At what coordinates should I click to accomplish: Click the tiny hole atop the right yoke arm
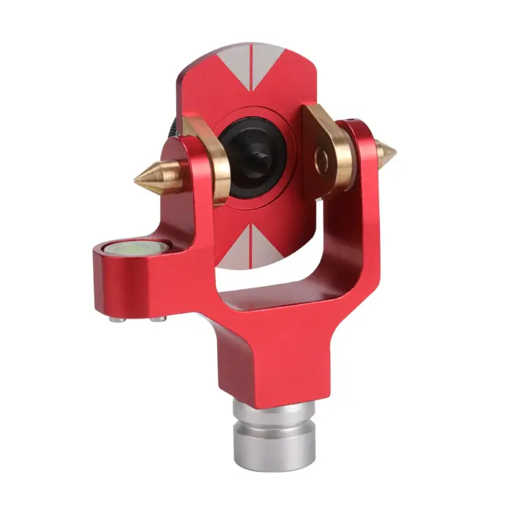[352, 120]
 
